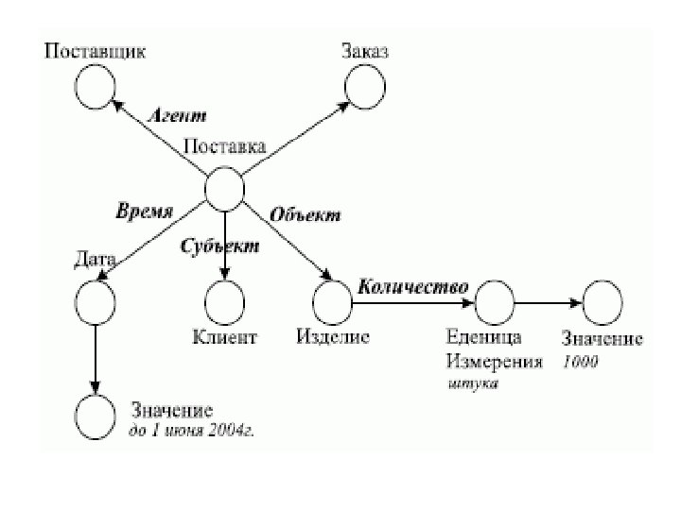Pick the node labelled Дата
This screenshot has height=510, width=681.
coord(95,299)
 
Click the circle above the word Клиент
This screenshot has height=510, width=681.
coord(224,301)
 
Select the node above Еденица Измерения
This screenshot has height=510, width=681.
coord(493,301)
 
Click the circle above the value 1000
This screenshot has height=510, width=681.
coord(602,301)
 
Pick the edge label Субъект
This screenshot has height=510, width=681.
coord(219,246)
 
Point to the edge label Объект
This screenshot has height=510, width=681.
coord(306,214)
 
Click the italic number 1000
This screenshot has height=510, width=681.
coord(580,362)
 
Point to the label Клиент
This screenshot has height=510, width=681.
coord(224,336)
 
